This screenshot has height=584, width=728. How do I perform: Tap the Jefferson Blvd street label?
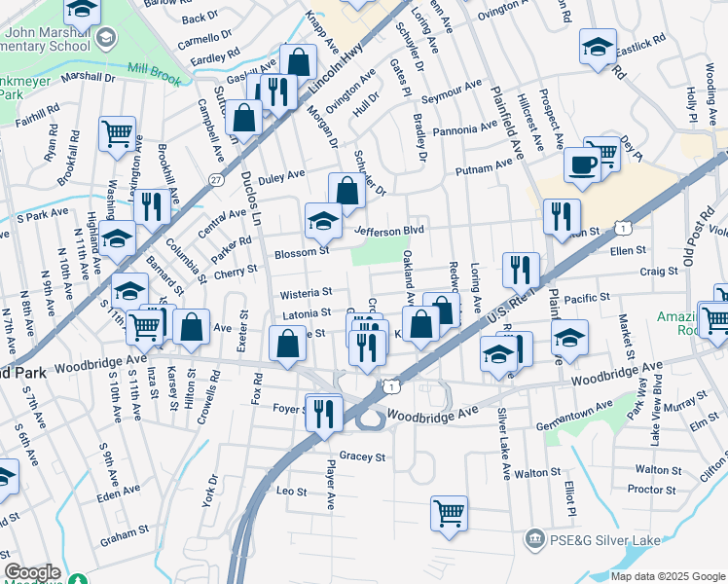pyautogui.click(x=390, y=231)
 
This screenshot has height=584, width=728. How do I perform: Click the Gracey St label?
pyautogui.click(x=363, y=456)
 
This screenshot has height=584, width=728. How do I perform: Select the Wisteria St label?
pyautogui.click(x=308, y=291)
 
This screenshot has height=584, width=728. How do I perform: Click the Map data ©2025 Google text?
pyautogui.click(x=668, y=575)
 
